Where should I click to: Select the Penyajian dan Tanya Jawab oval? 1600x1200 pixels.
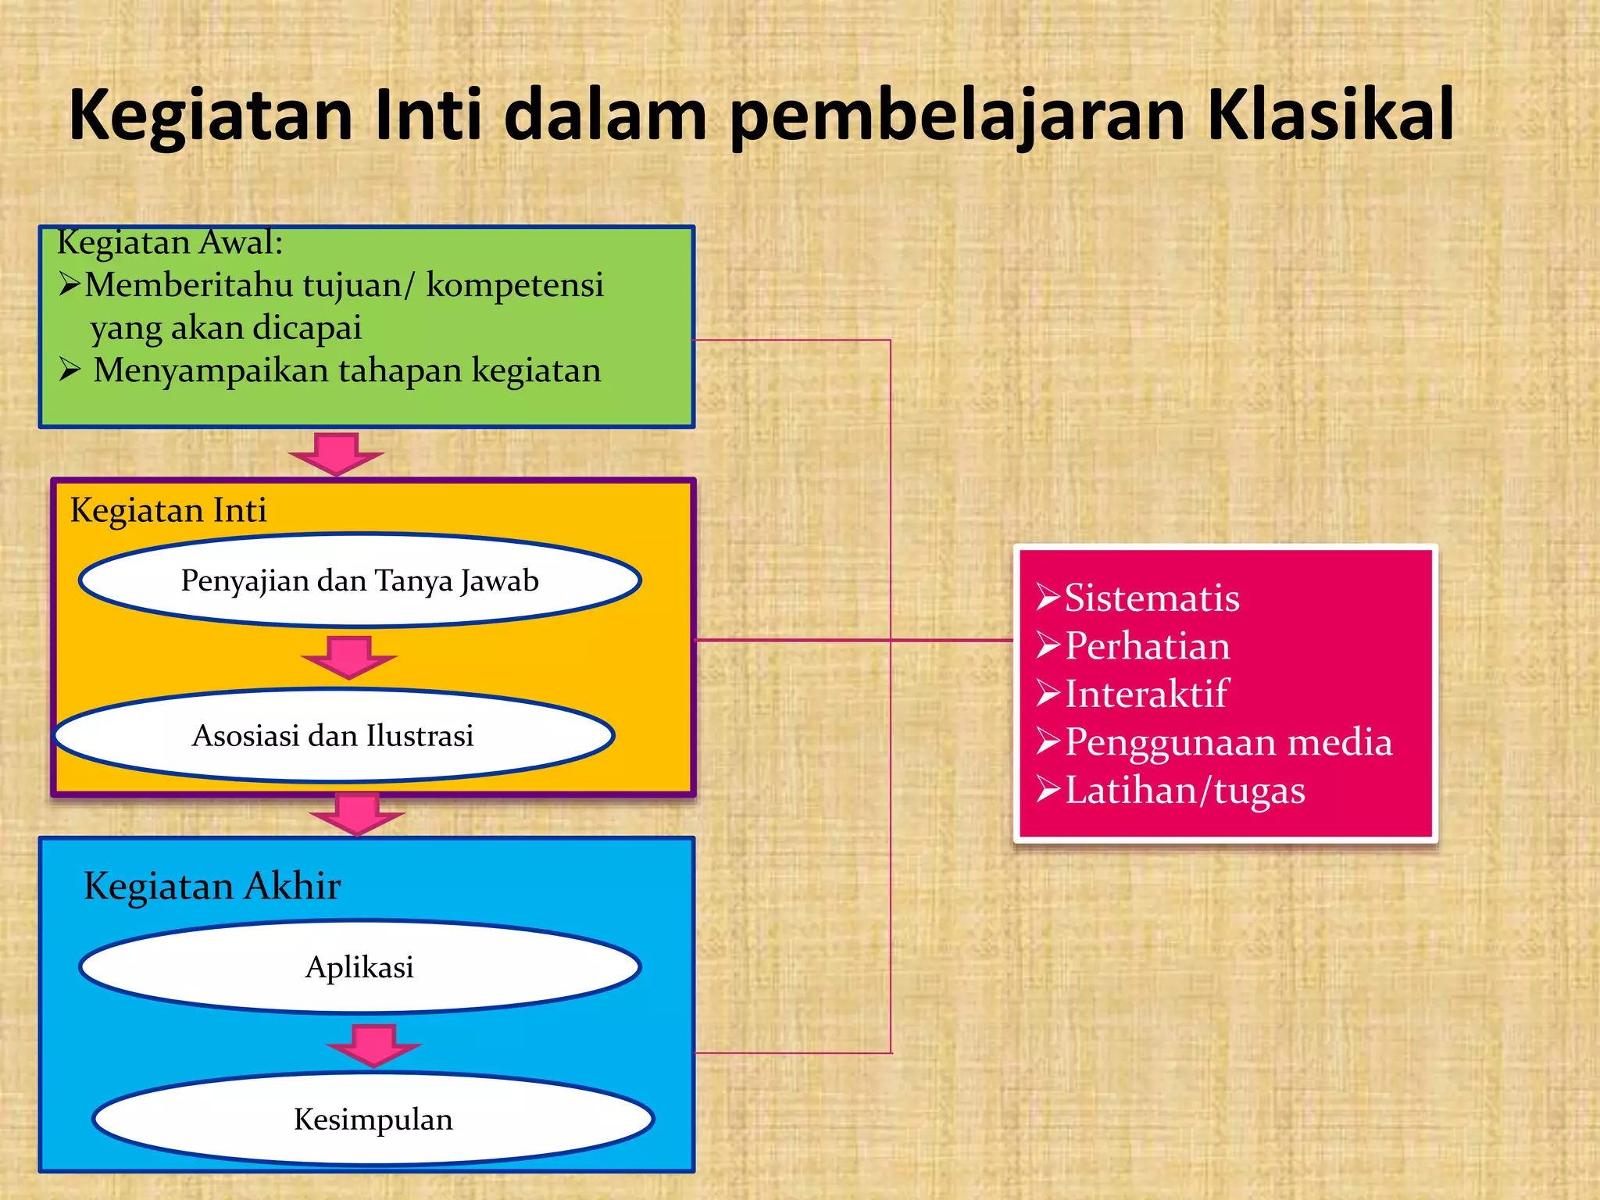pos(359,580)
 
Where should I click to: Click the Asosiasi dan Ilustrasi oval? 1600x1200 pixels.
pos(334,735)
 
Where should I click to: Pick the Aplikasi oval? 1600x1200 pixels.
pos(359,967)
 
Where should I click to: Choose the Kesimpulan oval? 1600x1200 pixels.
pos(373,1119)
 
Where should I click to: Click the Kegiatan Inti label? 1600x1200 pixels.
pos(168,510)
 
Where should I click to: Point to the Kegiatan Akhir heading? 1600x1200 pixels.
pos(212,886)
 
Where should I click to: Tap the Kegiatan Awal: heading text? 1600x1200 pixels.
pos(170,242)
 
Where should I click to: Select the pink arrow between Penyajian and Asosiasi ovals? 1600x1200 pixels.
pos(349,657)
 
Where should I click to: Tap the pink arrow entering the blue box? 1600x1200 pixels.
pos(357,815)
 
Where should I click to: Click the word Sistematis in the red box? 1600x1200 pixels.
pos(1152,598)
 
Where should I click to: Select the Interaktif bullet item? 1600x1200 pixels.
pos(1146,694)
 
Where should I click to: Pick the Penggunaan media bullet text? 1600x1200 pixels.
pos(1228,742)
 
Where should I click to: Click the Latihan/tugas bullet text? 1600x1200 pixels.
pos(1184,791)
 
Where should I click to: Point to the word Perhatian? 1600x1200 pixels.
pos(1147,646)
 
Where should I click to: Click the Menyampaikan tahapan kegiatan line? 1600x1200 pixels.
pos(347,370)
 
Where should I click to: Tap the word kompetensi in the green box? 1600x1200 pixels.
pos(515,285)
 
